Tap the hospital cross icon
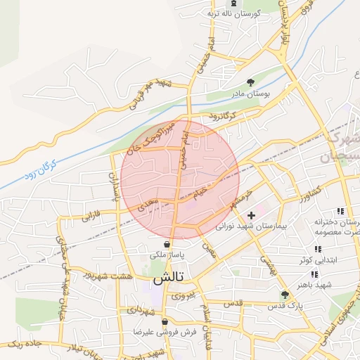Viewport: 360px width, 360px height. click(251, 214)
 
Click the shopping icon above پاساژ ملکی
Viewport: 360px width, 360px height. click(167, 243)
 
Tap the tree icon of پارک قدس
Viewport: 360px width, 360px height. click(285, 295)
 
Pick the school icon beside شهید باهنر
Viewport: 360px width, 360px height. click(314, 274)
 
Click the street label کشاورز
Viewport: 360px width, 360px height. click(309, 191)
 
